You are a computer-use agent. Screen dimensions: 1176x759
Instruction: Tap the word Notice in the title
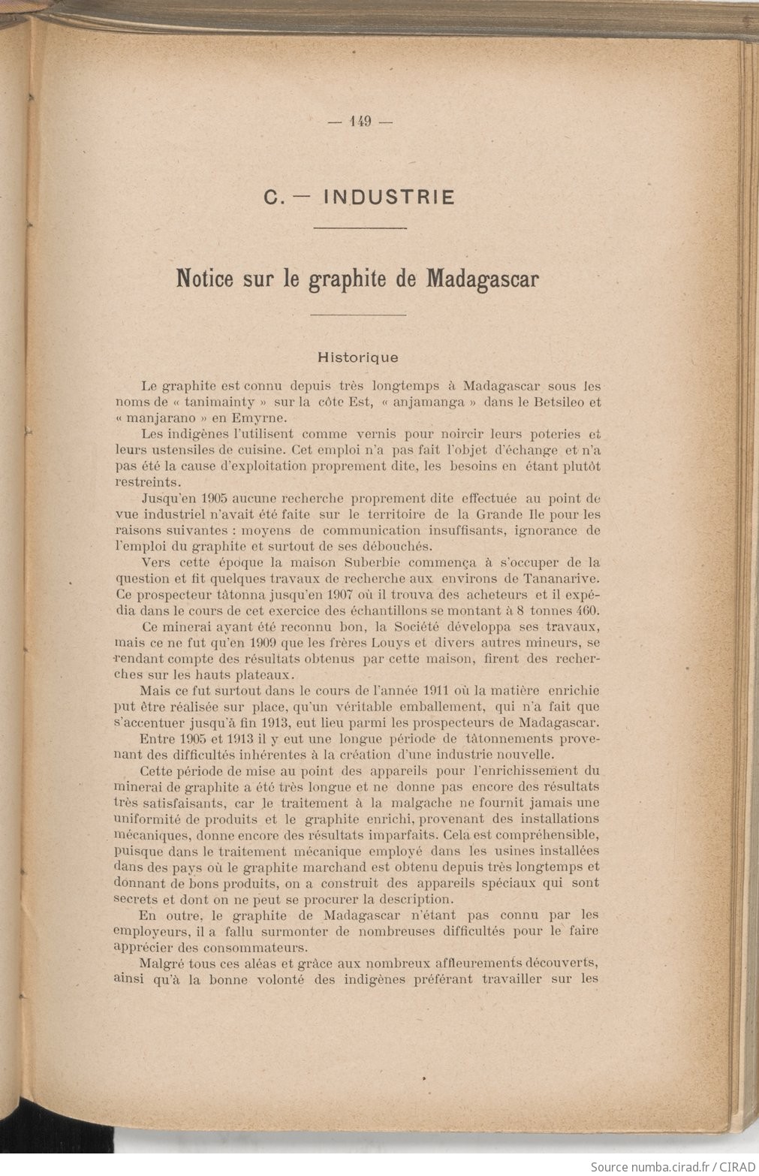tap(203, 279)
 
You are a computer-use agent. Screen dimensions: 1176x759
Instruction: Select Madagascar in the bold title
tap(483, 279)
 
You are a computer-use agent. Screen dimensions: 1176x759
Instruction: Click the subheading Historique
tap(358, 357)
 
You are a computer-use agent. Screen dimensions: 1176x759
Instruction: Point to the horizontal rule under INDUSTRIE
tap(360, 228)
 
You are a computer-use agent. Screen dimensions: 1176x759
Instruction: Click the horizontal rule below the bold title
tap(358, 315)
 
